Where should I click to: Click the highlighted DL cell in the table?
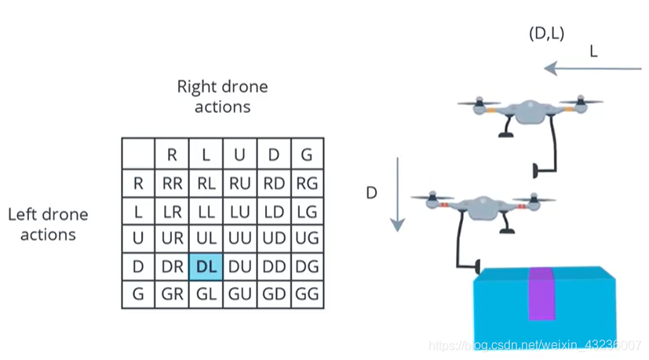coord(206,266)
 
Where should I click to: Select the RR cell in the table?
coord(172,184)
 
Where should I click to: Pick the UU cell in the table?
coord(240,238)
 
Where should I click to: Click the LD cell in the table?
coord(274,211)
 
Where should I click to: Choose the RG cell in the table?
coord(308,184)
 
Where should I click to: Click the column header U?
coord(240,155)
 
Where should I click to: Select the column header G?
coord(308,155)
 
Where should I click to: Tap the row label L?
coord(138,211)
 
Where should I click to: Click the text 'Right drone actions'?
coord(222,96)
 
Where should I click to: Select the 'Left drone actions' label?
coord(48,224)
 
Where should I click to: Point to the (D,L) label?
coord(547,34)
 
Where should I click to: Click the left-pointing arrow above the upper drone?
coord(592,69)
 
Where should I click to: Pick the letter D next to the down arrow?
coord(373,192)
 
